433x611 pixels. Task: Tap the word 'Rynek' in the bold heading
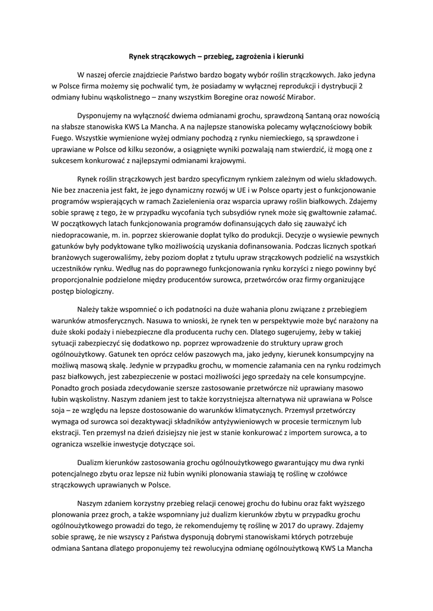(142, 57)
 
